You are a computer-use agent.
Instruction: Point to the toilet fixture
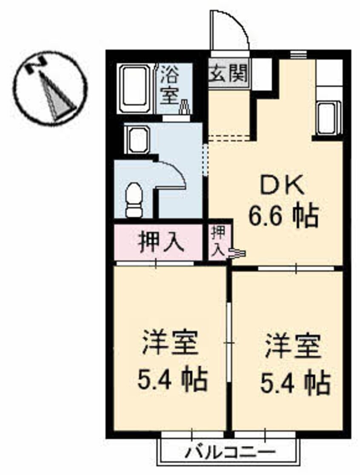point(133,199)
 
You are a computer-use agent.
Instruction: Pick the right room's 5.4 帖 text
point(295,382)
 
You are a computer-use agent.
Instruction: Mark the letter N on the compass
point(35,65)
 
